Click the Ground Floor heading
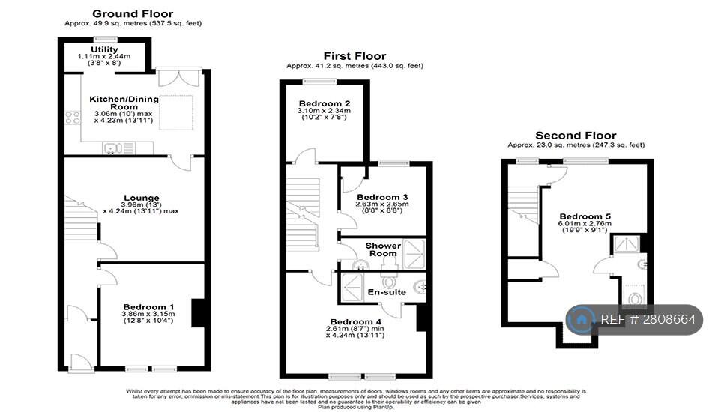click(x=132, y=13)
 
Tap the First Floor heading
click(x=355, y=56)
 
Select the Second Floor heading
click(x=576, y=136)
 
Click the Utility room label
click(x=104, y=49)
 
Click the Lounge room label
click(x=142, y=198)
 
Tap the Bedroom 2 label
click(x=325, y=103)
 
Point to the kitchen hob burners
click(x=73, y=117)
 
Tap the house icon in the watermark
click(x=581, y=320)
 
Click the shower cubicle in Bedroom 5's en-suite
click(x=624, y=244)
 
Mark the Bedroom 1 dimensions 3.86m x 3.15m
click(x=148, y=315)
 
